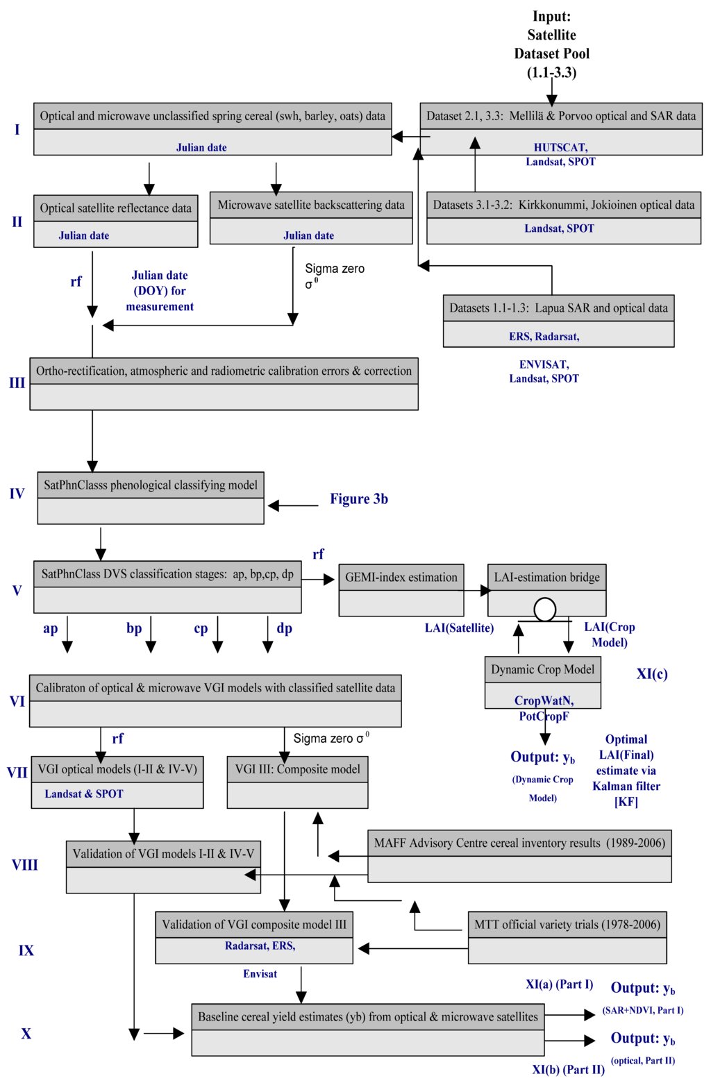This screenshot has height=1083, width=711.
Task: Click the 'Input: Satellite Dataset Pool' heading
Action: (551, 44)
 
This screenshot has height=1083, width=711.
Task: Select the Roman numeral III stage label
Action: (17, 383)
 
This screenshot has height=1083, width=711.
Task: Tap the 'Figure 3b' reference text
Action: (358, 499)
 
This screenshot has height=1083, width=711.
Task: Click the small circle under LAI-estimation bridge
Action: (545, 610)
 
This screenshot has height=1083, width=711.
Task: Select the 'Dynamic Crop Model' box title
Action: (542, 670)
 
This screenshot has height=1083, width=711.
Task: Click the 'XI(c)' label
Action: (651, 674)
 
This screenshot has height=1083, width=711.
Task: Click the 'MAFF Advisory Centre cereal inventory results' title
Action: (519, 843)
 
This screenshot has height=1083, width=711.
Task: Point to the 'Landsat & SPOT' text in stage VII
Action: (84, 794)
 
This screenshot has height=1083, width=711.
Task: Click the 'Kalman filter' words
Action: (626, 787)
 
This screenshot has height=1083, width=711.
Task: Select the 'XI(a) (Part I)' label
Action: (559, 984)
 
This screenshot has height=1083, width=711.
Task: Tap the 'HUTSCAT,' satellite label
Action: (560, 147)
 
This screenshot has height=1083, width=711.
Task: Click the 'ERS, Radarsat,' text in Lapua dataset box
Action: (544, 337)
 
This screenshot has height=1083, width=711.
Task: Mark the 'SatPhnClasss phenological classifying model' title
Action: (150, 485)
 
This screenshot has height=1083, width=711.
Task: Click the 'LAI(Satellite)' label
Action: (459, 628)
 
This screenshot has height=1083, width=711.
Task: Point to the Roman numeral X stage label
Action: (26, 1034)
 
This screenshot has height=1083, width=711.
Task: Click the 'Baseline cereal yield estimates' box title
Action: (367, 1017)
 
